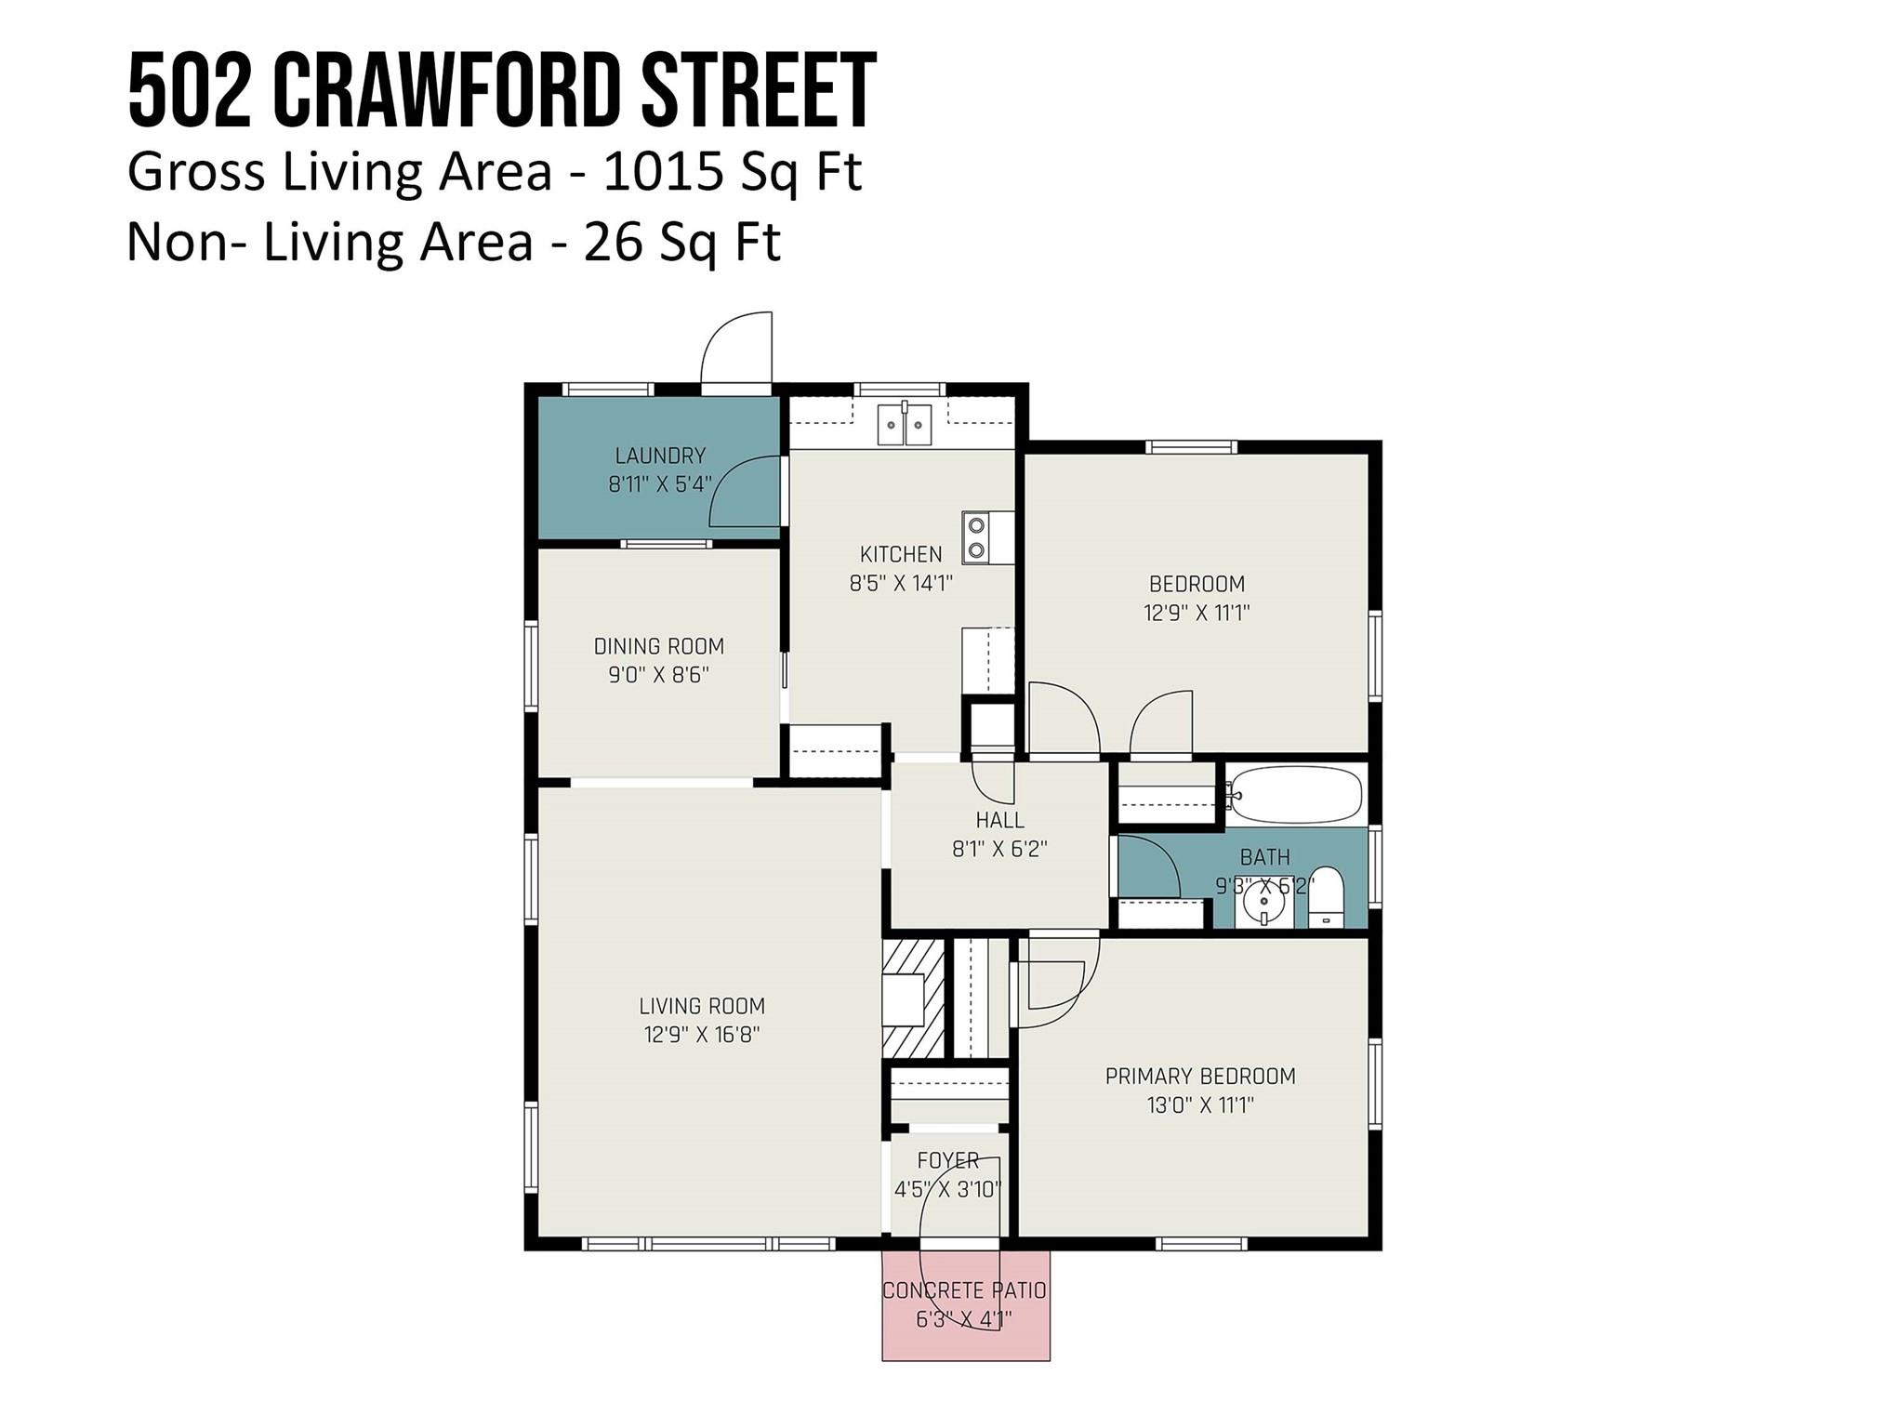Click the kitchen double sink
point(905,424)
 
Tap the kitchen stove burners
point(976,537)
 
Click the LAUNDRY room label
point(660,456)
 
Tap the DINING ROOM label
point(658,646)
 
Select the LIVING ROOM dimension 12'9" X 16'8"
point(702,1035)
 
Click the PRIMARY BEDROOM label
point(1200,1077)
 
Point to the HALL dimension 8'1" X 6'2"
point(999,849)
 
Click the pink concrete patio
point(966,1305)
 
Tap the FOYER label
point(948,1160)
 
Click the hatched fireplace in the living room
point(913,998)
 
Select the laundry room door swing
point(745,492)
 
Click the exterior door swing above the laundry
point(736,348)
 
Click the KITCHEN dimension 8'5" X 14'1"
point(901,584)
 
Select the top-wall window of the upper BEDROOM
point(1192,446)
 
